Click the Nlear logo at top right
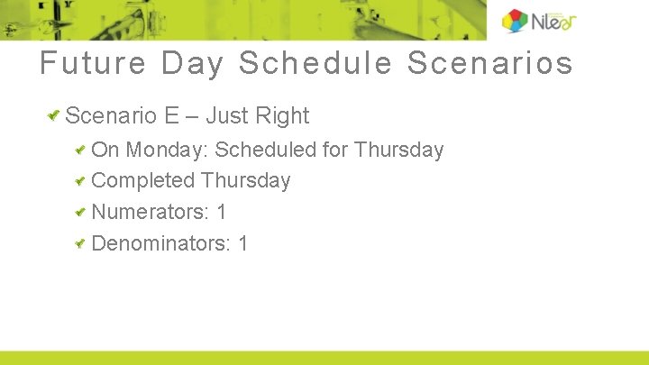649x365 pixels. pyautogui.click(x=539, y=21)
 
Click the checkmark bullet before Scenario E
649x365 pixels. pyautogui.click(x=55, y=115)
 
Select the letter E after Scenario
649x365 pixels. pyautogui.click(x=171, y=116)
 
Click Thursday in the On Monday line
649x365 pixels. pyautogui.click(x=399, y=150)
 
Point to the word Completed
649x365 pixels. pyautogui.click(x=143, y=181)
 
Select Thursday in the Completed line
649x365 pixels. pyautogui.click(x=246, y=181)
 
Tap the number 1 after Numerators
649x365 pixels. pyautogui.click(x=222, y=213)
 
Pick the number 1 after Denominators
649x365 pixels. pyautogui.click(x=243, y=243)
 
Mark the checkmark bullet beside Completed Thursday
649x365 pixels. pyautogui.click(x=80, y=181)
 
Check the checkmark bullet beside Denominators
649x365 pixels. pyautogui.click(x=80, y=243)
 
